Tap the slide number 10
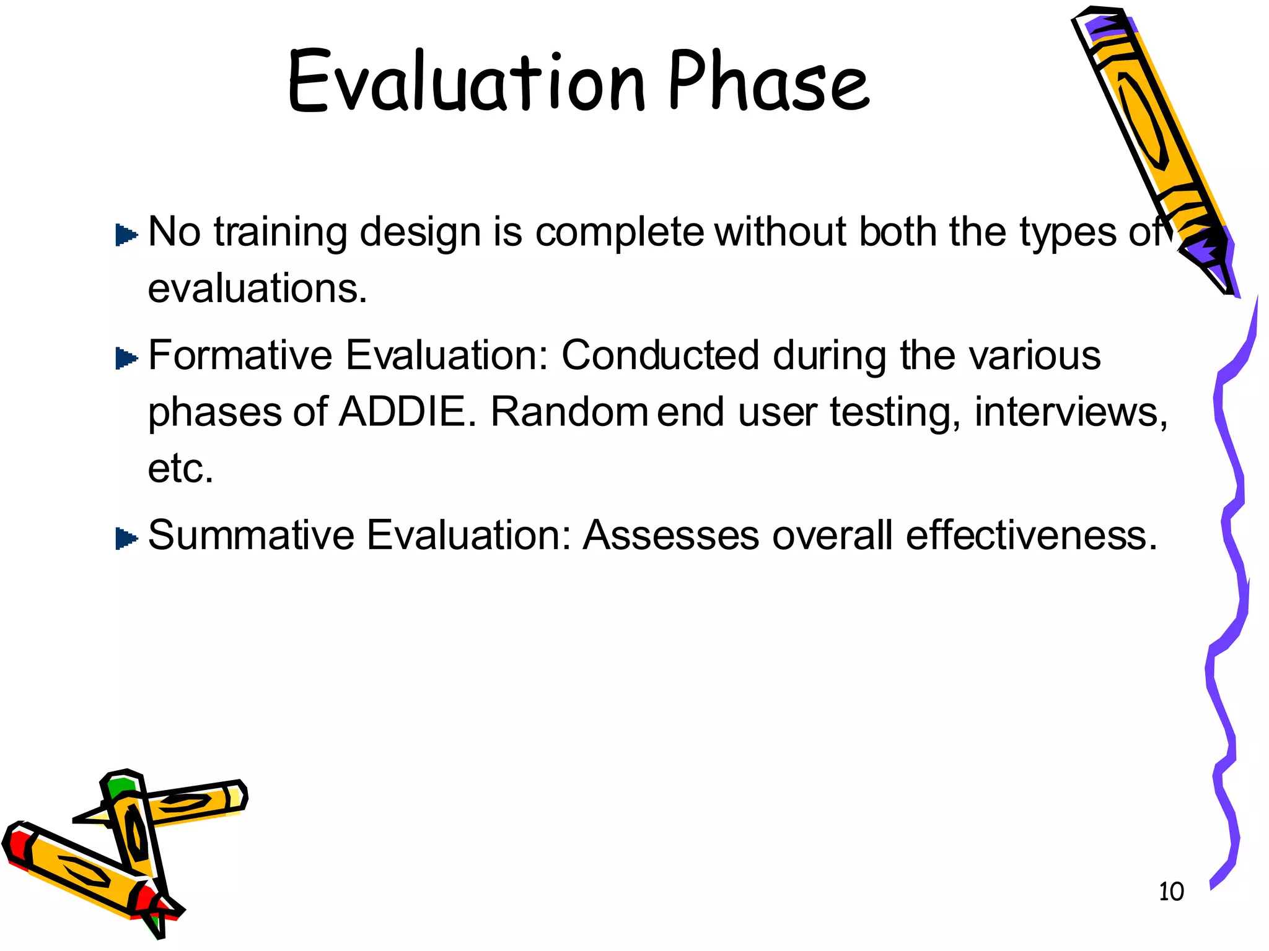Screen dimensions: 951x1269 [1170, 892]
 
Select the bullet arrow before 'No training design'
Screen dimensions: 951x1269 [126, 235]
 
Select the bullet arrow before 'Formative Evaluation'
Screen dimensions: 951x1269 [126, 358]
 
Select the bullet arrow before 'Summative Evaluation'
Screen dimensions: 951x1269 [126, 538]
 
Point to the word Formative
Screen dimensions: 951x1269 [240, 355]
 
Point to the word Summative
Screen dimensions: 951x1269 [251, 535]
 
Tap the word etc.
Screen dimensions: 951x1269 [180, 469]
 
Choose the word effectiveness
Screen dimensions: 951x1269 [1031, 535]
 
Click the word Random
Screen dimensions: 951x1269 [569, 412]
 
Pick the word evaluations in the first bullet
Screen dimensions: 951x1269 [257, 289]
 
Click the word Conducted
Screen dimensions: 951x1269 [660, 355]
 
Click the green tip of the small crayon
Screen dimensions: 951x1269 [120, 786]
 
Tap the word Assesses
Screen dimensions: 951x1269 [670, 535]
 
